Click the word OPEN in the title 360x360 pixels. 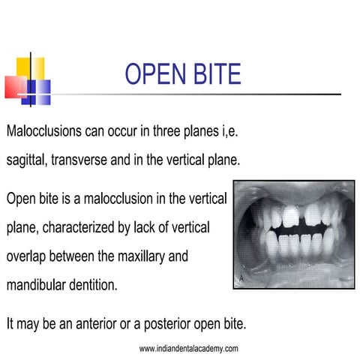154,75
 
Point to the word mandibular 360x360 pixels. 37,284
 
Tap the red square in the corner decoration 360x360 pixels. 15,87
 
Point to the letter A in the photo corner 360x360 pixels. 241,277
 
